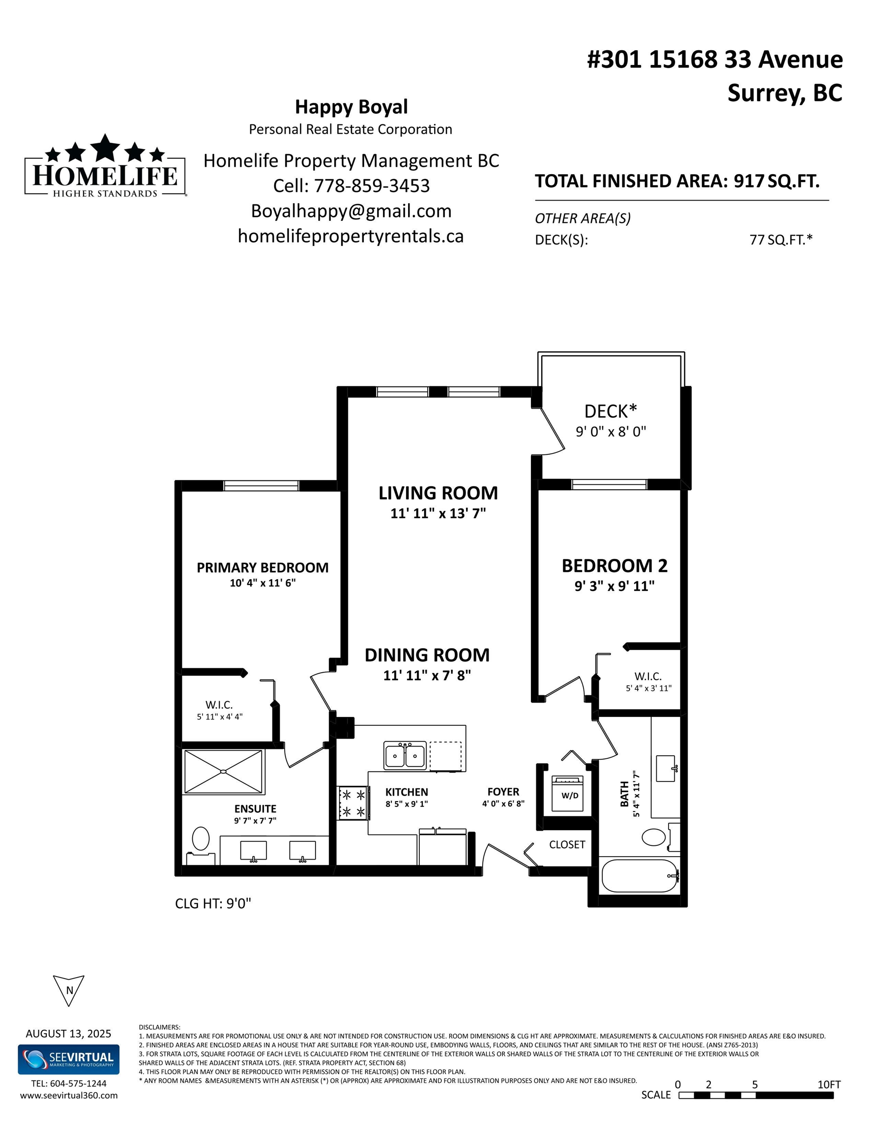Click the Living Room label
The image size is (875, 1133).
tap(438, 493)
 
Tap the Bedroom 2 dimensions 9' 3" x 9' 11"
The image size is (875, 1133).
tap(614, 586)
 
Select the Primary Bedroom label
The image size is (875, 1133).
tap(262, 567)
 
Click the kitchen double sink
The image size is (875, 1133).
tap(405, 755)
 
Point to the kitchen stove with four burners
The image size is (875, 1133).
tap(352, 803)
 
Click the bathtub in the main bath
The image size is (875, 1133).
tap(640, 876)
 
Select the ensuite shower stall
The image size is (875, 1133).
tap(224, 772)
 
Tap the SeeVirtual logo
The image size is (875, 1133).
tap(68, 1059)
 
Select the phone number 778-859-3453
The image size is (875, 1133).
tap(372, 186)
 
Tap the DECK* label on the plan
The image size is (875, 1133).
tap(611, 412)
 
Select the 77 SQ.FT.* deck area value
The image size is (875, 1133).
tap(781, 239)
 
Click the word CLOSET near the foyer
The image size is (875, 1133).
tap(567, 844)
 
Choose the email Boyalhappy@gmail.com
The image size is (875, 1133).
tap(351, 211)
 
